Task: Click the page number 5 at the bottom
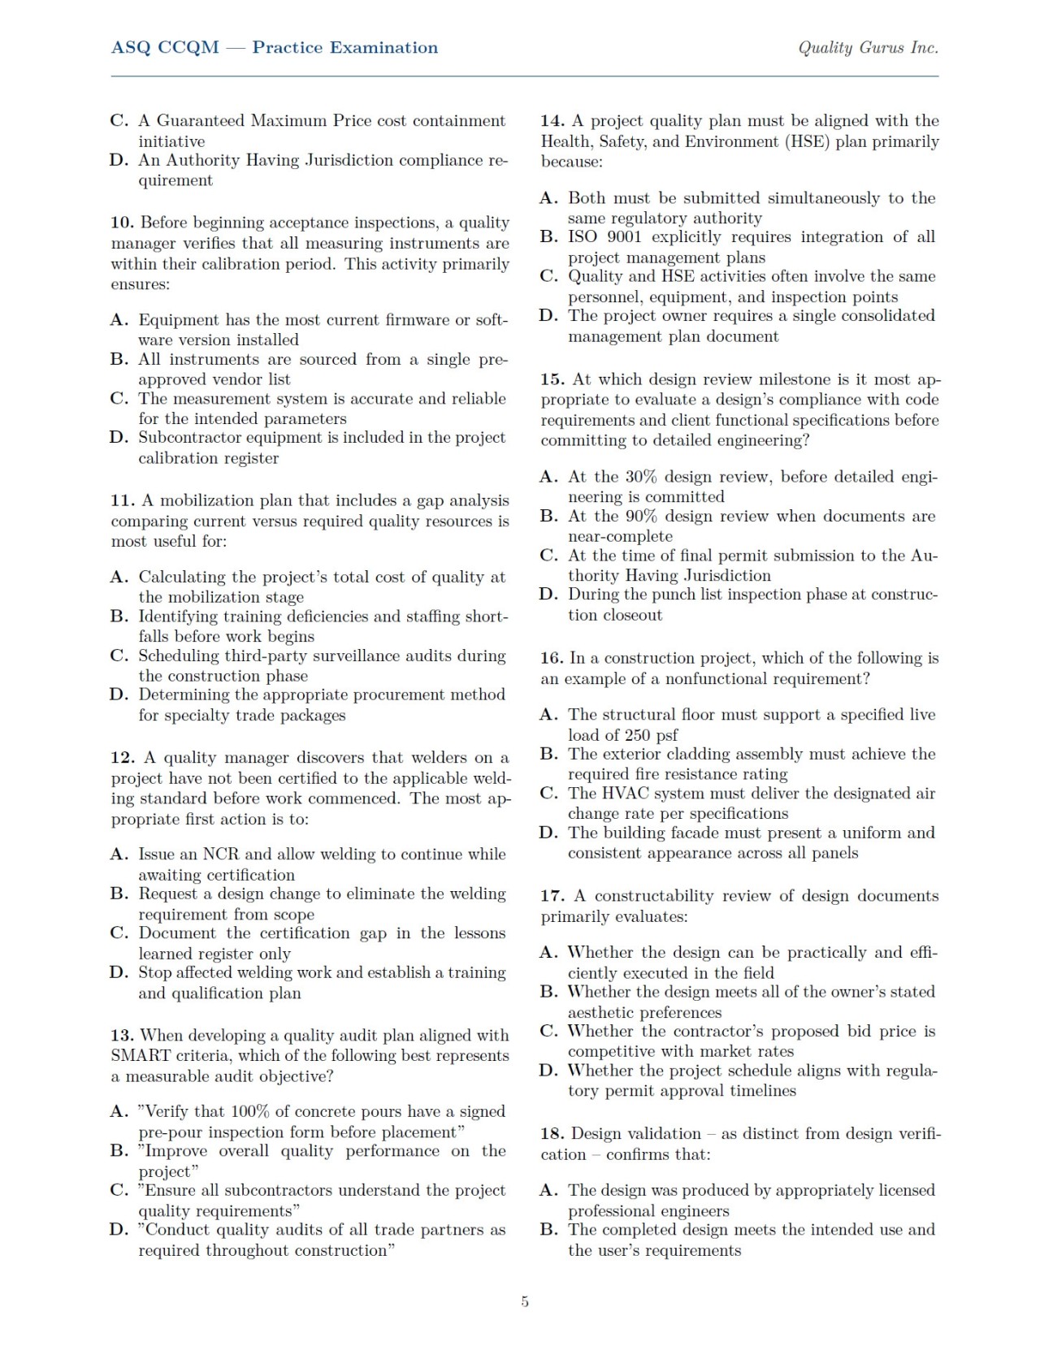pos(525,1301)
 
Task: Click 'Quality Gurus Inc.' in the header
pos(868,48)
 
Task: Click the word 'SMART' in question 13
pos(140,1056)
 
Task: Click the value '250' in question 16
pos(638,735)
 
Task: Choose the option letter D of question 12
pos(119,973)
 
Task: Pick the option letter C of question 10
pos(119,399)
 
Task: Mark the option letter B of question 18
pos(548,1230)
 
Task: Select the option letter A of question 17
pos(548,952)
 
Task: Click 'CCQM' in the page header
pos(188,48)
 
